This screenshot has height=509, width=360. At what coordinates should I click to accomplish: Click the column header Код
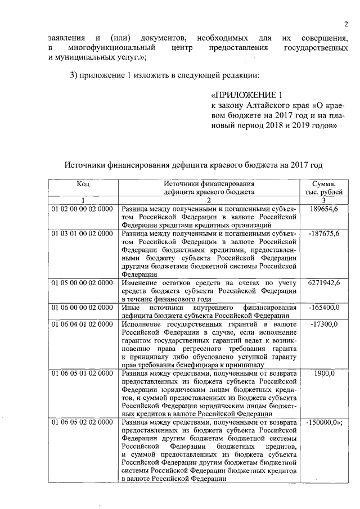pyautogui.click(x=83, y=183)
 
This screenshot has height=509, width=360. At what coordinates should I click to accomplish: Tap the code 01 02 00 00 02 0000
pyautogui.click(x=82, y=209)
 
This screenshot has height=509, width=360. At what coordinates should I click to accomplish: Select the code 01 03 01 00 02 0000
pyautogui.click(x=82, y=233)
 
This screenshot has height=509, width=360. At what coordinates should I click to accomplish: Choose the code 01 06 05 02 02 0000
pyautogui.click(x=82, y=422)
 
